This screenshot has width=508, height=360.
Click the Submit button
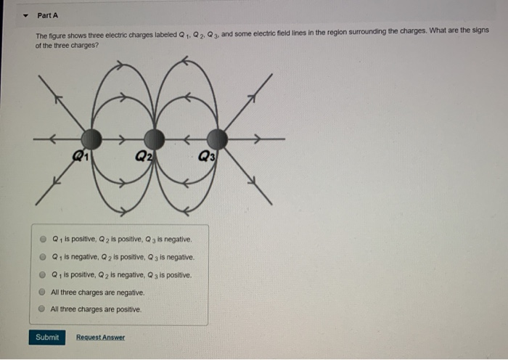(47, 337)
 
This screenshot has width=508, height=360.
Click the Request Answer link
(100, 337)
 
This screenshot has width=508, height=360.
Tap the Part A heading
(47, 15)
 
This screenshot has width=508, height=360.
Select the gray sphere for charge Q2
(153, 138)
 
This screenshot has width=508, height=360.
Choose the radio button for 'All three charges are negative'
(44, 292)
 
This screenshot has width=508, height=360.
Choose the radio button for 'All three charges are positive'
(44, 308)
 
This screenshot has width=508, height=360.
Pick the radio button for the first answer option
(44, 240)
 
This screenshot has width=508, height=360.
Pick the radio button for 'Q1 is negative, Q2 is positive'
(44, 257)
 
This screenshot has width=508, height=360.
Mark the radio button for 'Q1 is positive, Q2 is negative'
(44, 275)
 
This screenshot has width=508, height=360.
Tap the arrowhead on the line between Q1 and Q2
(122, 138)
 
